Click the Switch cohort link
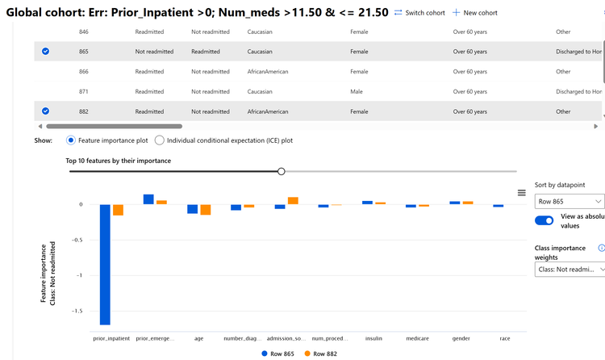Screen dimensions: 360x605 coord(419,13)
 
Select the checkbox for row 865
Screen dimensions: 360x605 coord(45,52)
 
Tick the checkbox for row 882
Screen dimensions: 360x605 coord(45,111)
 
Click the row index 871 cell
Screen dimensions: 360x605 coord(84,92)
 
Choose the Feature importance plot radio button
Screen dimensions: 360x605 coord(71,140)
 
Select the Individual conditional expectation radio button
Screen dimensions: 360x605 coord(160,140)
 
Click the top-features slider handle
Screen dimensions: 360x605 coord(281,171)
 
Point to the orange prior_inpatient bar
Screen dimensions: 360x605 coord(118,210)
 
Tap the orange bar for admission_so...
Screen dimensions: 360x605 coord(293,200)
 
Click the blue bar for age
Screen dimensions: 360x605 coord(193,208)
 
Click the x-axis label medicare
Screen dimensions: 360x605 coord(417,339)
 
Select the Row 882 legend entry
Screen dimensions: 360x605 coord(320,354)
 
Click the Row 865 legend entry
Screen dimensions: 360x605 coord(277,354)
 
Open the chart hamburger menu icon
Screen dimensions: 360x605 coord(521,192)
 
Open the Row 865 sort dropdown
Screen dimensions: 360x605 coord(570,201)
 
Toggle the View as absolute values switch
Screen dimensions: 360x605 coord(544,220)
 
